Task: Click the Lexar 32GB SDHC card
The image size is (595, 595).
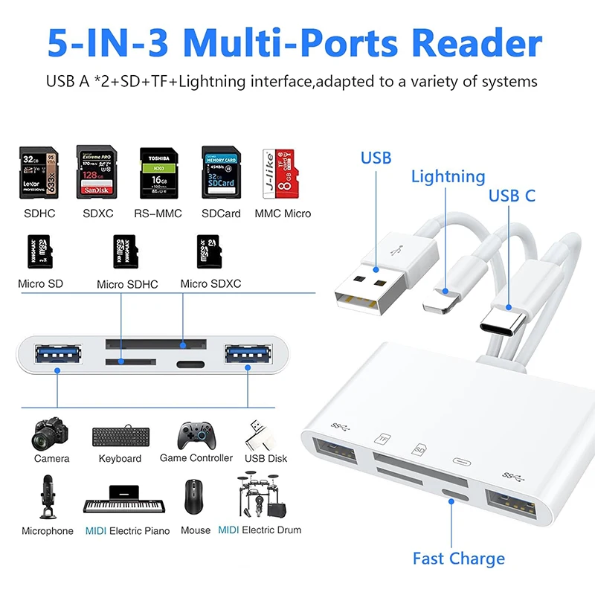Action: coord(39,173)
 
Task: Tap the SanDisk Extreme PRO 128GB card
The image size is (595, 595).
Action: coord(98,173)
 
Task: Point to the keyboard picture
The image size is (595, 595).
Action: coord(120,438)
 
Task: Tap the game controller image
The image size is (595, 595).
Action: coord(195,436)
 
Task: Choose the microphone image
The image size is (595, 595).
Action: coord(47,497)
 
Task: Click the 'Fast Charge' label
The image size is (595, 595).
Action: coord(459,559)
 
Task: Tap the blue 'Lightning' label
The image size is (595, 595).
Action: coord(448,177)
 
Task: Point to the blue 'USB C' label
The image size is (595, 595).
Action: coord(512,196)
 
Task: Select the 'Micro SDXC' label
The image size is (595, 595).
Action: coord(210,284)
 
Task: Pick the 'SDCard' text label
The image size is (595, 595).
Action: coord(222,214)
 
